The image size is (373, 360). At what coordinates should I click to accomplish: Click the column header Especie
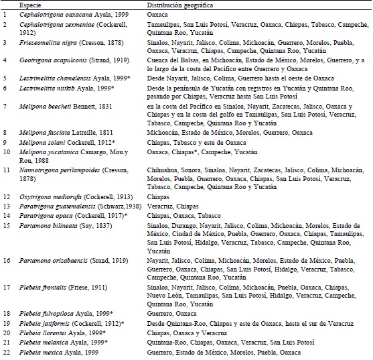[30, 4]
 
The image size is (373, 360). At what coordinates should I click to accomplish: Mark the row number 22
[7, 351]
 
